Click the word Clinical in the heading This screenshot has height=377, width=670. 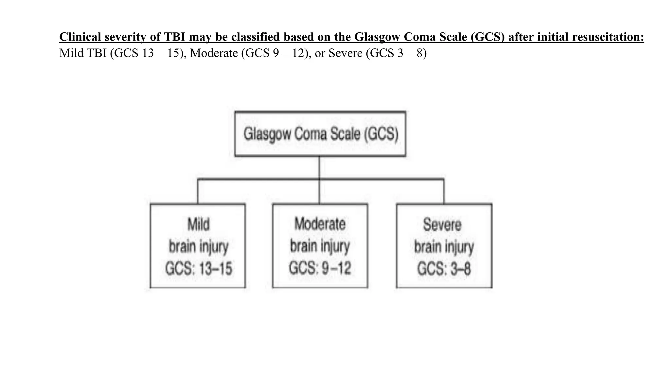pyautogui.click(x=80, y=37)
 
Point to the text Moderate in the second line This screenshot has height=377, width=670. pyautogui.click(x=214, y=53)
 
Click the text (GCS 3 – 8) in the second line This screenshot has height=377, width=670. pyautogui.click(x=396, y=53)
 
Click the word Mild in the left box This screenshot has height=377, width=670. pyautogui.click(x=198, y=225)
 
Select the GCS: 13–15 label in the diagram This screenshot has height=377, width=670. pyautogui.click(x=198, y=269)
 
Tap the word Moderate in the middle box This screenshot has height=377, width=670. pyautogui.click(x=320, y=224)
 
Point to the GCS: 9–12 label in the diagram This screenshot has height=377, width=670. pyautogui.click(x=320, y=268)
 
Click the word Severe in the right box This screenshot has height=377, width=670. pyautogui.click(x=442, y=225)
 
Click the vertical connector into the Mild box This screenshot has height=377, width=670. pyautogui.click(x=198, y=191)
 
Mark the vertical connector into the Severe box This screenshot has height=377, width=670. pyautogui.click(x=444, y=191)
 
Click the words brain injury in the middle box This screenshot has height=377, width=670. pyautogui.click(x=320, y=246)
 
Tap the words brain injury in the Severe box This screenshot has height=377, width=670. pyautogui.click(x=444, y=247)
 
